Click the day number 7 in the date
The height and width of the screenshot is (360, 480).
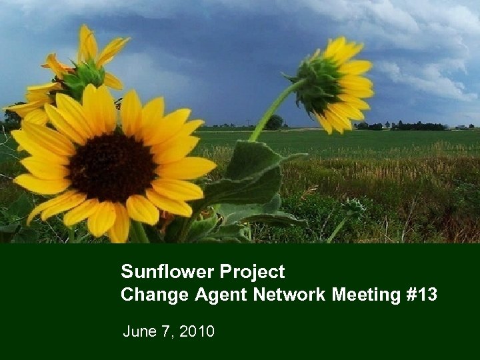167,331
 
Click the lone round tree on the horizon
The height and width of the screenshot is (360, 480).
274,121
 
